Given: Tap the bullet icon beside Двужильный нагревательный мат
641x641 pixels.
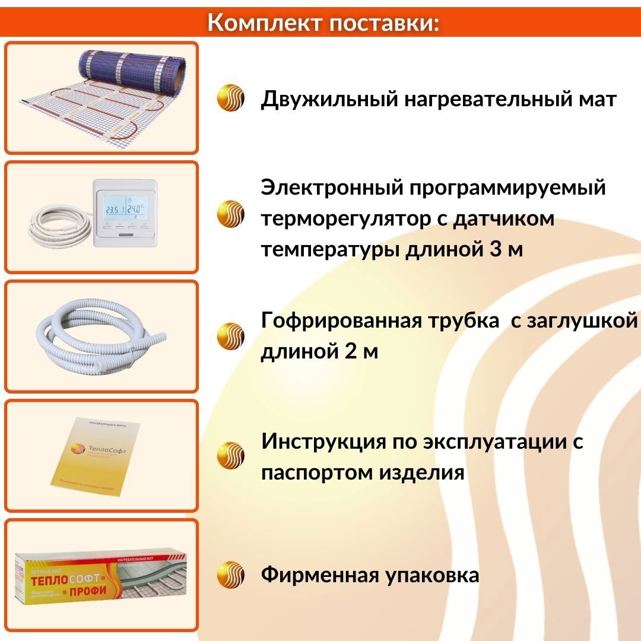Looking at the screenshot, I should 230,98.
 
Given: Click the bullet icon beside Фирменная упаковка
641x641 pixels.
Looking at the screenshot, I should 230,575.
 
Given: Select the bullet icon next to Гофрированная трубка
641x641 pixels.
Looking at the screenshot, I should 230,336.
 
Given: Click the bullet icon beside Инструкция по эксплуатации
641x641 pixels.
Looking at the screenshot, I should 230,456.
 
